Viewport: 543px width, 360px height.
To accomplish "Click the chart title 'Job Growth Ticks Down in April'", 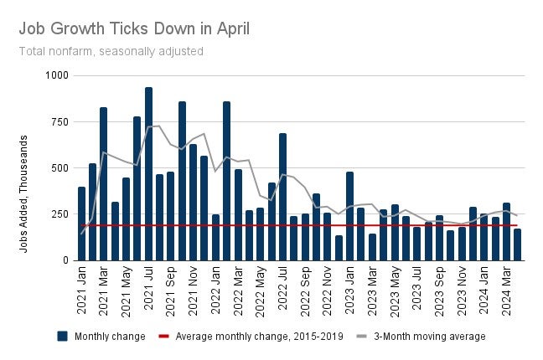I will (134, 28).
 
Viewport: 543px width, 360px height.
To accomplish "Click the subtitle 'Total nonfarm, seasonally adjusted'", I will (111, 51).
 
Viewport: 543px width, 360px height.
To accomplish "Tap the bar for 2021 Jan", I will (81, 224).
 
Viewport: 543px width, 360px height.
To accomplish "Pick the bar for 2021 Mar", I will (104, 183).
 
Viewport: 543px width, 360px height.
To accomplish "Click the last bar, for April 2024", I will (518, 244).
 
